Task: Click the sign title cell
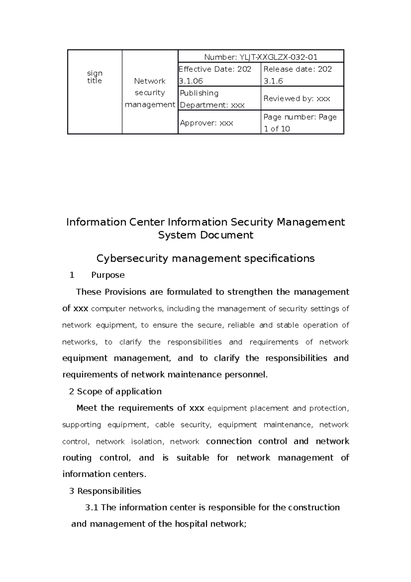tap(95, 77)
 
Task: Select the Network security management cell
tap(150, 93)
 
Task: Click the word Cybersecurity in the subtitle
tap(132, 258)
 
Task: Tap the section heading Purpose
tap(108, 275)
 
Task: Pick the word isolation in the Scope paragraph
tap(147, 441)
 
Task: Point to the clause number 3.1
tap(92, 507)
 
